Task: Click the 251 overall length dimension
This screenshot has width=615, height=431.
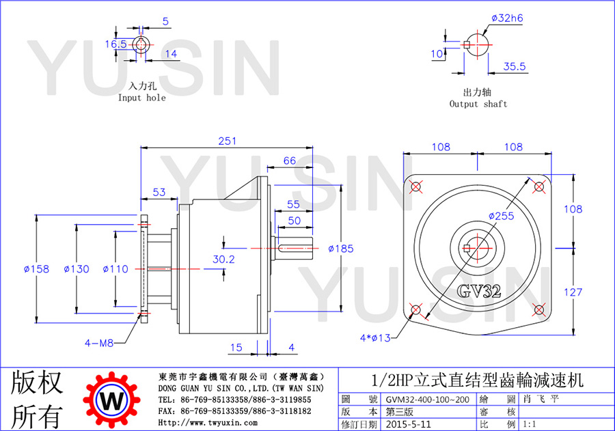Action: pyautogui.click(x=228, y=141)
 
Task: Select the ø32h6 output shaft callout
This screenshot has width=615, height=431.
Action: pyautogui.click(x=507, y=18)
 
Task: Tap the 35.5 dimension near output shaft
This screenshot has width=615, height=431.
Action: pyautogui.click(x=514, y=66)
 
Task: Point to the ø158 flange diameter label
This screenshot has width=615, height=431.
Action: pyautogui.click(x=36, y=269)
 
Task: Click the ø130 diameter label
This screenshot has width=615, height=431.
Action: pyautogui.click(x=77, y=269)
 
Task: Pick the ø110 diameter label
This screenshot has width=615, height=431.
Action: pyautogui.click(x=115, y=269)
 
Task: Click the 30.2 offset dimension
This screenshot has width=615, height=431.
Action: pyautogui.click(x=223, y=260)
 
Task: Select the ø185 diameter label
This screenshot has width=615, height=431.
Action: pyautogui.click(x=341, y=249)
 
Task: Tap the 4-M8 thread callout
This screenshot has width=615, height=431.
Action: pyautogui.click(x=99, y=343)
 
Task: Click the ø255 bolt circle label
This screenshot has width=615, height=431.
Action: pyautogui.click(x=502, y=216)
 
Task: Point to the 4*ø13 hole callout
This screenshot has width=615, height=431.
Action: pyautogui.click(x=375, y=337)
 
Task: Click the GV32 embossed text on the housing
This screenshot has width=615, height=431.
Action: pyautogui.click(x=479, y=291)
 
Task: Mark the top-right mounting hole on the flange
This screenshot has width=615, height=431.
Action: pyautogui.click(x=539, y=186)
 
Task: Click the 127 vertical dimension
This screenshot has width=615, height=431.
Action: pyautogui.click(x=573, y=292)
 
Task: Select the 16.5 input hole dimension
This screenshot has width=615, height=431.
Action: pyautogui.click(x=115, y=44)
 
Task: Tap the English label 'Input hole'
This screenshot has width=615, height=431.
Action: pyautogui.click(x=142, y=98)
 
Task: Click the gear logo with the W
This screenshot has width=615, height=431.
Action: pyautogui.click(x=112, y=400)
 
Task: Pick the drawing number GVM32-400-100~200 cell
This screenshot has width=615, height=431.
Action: pyautogui.click(x=428, y=400)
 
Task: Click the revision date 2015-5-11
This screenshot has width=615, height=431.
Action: pyautogui.click(x=409, y=424)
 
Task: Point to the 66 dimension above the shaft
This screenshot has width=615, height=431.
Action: pyautogui.click(x=290, y=161)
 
